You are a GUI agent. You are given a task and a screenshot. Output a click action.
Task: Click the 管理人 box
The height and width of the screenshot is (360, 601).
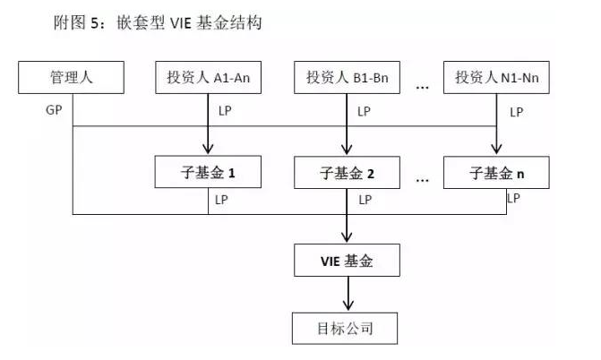(69, 78)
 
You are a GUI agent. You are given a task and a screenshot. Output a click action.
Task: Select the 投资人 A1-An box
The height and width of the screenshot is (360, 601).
(207, 78)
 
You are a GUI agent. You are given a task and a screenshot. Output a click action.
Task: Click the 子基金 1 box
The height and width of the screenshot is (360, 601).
(207, 172)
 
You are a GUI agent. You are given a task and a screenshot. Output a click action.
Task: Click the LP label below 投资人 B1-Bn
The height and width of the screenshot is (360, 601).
(364, 112)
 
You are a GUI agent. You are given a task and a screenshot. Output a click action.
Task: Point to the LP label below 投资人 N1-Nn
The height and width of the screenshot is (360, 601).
(516, 112)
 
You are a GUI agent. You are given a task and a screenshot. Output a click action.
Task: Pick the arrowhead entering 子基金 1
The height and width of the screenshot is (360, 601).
(207, 150)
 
